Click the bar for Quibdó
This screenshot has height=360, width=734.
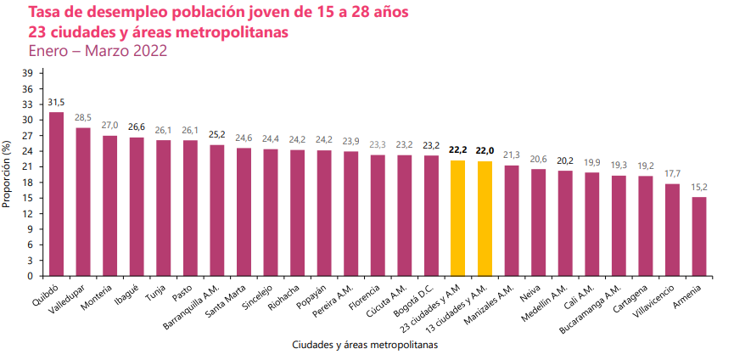[56, 194]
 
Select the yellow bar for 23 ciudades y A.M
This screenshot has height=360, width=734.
[457, 218]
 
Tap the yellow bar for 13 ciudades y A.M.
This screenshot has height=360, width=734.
[485, 219]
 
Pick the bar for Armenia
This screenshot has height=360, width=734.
[699, 237]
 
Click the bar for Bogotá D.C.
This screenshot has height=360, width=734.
[431, 216]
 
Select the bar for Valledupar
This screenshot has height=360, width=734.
[83, 202]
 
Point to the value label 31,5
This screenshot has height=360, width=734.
[56, 102]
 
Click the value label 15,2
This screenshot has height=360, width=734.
[699, 187]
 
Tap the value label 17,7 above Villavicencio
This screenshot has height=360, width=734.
[672, 174]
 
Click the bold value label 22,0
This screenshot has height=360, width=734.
[485, 150]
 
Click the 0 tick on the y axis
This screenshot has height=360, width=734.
[31, 276]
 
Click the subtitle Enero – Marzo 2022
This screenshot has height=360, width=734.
[98, 51]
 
